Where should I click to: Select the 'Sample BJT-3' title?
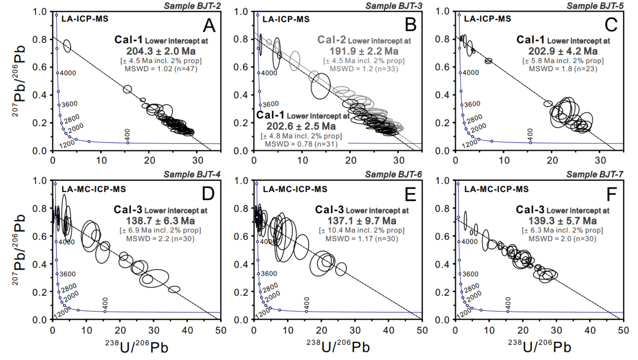coord(393,6)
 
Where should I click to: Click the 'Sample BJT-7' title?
coord(594,175)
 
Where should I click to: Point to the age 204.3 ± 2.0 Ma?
coord(161,51)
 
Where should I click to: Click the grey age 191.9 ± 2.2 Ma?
coord(364,51)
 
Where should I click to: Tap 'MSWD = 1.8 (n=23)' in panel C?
coord(563,69)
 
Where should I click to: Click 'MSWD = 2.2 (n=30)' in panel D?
coord(160,238)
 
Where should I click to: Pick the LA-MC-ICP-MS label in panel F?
coord(496,189)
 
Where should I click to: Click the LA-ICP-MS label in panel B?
coord(286,19)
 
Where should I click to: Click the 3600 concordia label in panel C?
coord(472,104)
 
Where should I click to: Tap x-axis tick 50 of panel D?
coord(221,330)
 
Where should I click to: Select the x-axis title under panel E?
coord(338,347)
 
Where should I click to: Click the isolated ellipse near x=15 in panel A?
coord(127,89)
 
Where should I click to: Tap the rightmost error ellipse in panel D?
coord(174,289)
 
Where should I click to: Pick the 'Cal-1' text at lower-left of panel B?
coord(270,115)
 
